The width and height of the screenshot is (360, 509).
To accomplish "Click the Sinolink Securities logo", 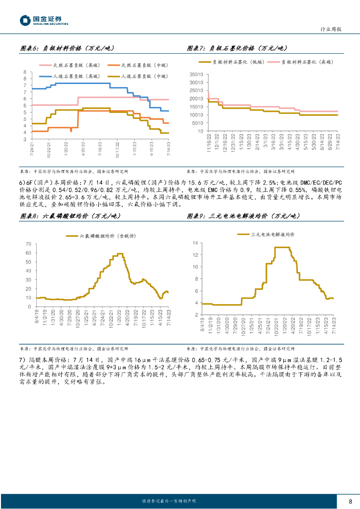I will point(44,20).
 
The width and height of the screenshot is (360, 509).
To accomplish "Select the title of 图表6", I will point(67,48).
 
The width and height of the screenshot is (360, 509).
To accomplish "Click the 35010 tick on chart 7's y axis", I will point(196,74).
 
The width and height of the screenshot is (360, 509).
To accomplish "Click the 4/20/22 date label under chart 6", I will point(83,149).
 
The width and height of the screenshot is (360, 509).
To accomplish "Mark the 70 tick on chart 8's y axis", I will point(28,244).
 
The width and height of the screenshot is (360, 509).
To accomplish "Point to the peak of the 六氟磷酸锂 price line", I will point(119,254).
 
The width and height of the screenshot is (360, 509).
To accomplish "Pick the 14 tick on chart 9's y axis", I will point(196,243).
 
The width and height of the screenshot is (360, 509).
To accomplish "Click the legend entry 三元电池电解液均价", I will point(272,234).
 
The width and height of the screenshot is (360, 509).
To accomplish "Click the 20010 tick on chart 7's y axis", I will point(196,98).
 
